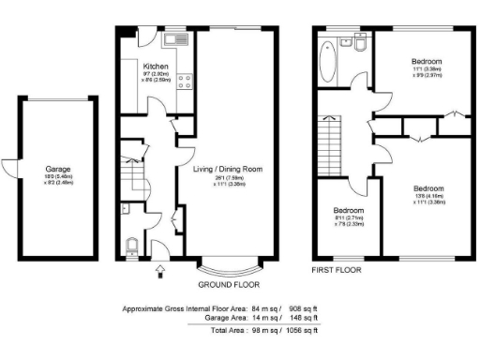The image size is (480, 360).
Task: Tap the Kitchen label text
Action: [x=156, y=67]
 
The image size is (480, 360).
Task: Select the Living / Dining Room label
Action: [x=227, y=169]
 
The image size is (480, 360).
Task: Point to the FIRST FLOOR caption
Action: [x=337, y=270]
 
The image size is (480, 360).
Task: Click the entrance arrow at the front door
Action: [x=158, y=271]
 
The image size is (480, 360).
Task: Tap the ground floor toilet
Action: [x=132, y=247]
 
